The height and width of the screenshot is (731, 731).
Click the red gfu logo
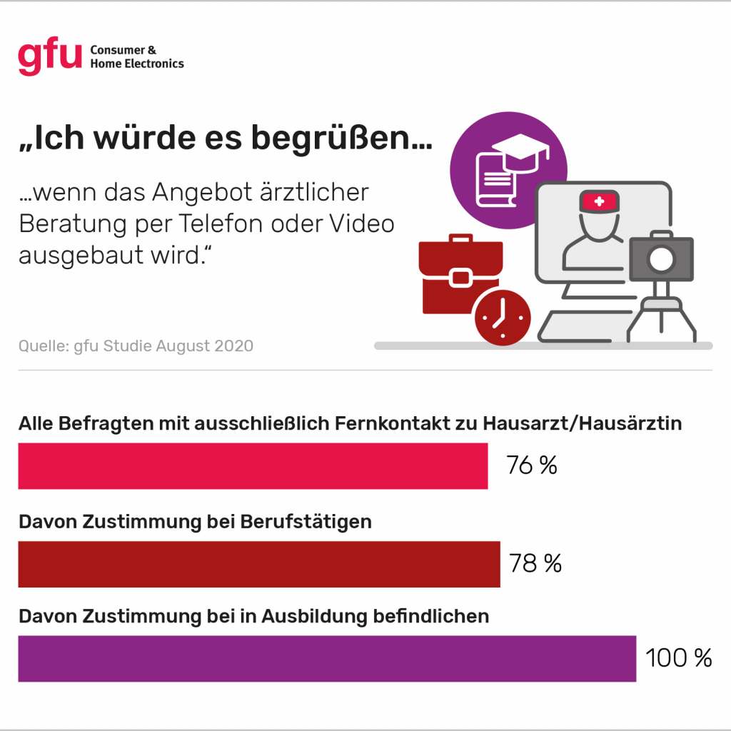(49, 57)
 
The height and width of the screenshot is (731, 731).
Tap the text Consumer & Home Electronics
(136, 57)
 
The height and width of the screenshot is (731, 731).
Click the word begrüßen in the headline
(341, 138)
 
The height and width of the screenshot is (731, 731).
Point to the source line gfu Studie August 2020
(136, 346)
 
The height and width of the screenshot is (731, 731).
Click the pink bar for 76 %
(253, 466)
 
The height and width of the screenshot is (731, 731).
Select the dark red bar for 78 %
(258, 564)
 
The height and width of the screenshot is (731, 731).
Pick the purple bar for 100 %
(326, 658)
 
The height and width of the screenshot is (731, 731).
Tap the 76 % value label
(531, 465)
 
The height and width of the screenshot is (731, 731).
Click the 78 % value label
(535, 564)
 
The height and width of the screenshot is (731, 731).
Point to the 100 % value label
(678, 658)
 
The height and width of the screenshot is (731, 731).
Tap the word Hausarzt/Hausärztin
(582, 423)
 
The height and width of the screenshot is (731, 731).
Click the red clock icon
(503, 317)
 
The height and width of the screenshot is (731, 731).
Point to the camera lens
(661, 261)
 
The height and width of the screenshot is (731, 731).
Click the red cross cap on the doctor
(599, 202)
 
